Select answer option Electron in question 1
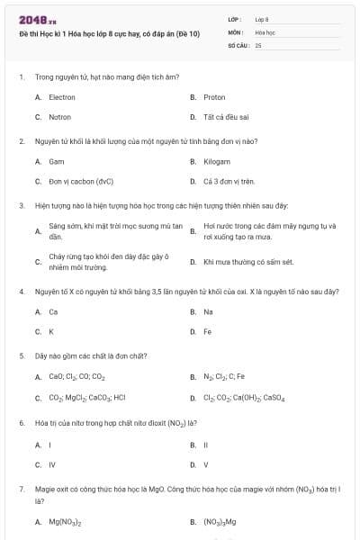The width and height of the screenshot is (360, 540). [62, 97]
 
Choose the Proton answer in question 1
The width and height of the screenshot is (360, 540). [214, 97]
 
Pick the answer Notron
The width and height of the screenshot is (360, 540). [60, 117]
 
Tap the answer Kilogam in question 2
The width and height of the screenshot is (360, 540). [216, 161]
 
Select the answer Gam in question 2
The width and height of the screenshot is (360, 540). [57, 161]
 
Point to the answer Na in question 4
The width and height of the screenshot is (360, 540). [209, 311]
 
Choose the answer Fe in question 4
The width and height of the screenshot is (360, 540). [208, 331]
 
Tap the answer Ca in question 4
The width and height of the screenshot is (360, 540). [54, 311]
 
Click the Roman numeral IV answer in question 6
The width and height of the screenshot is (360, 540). [52, 464]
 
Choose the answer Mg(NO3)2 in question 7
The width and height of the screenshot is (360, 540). [66, 522]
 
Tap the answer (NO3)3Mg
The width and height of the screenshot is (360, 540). [220, 522]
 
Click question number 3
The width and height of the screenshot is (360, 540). [21, 205]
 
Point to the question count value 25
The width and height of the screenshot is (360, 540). [258, 44]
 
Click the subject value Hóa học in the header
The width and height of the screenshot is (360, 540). [265, 31]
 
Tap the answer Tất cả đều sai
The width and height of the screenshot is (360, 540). [226, 117]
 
